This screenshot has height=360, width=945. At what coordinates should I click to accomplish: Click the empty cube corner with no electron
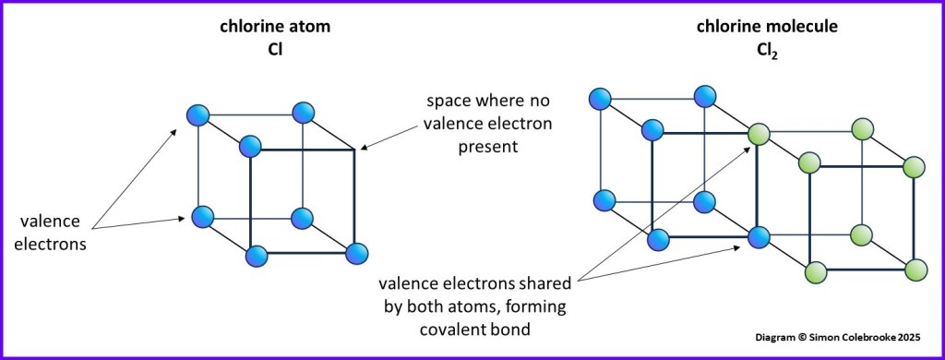coord(355,147)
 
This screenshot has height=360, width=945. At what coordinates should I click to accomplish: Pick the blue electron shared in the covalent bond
coord(759,237)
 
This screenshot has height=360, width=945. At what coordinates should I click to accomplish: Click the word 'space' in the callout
coord(447,99)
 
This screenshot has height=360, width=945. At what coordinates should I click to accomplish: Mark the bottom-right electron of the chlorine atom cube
coord(355,253)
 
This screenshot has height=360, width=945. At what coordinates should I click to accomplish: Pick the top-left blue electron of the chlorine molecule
coord(600,95)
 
